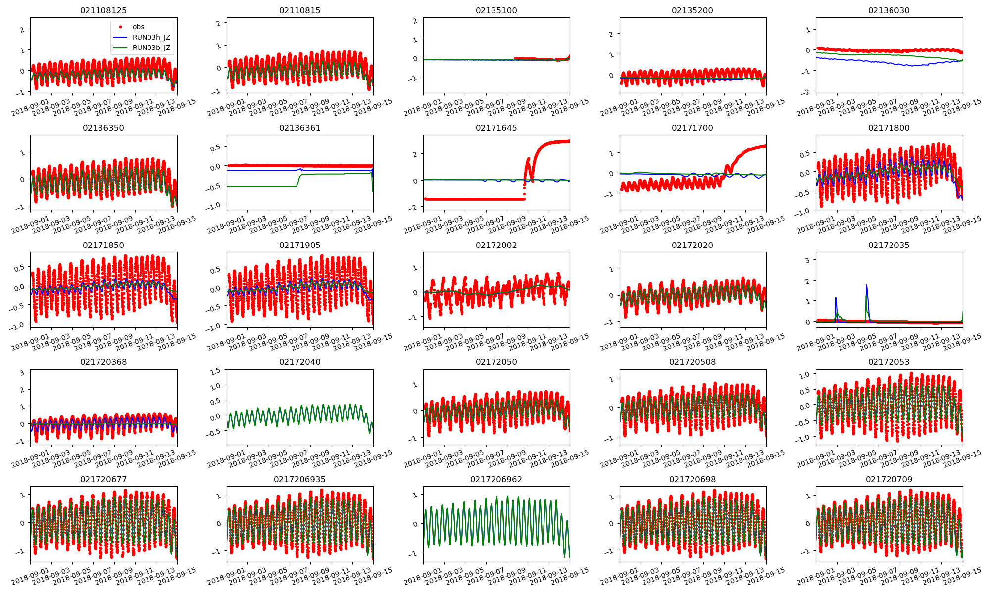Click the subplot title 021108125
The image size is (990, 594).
103,10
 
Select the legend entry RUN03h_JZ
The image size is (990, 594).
151,37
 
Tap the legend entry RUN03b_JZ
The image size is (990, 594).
151,48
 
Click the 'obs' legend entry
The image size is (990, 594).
139,27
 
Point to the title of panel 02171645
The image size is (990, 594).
496,128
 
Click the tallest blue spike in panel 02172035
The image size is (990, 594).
867,286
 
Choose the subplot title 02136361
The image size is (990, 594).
300,128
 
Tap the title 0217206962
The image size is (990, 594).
496,479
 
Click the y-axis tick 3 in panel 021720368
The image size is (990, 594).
22,372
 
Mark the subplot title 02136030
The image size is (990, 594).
889,10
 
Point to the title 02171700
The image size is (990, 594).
693,128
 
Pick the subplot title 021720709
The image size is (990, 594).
889,479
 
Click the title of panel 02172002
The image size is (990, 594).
496,245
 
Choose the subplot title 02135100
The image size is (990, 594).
496,10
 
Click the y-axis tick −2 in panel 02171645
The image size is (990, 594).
413,208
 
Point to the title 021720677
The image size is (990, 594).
103,479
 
